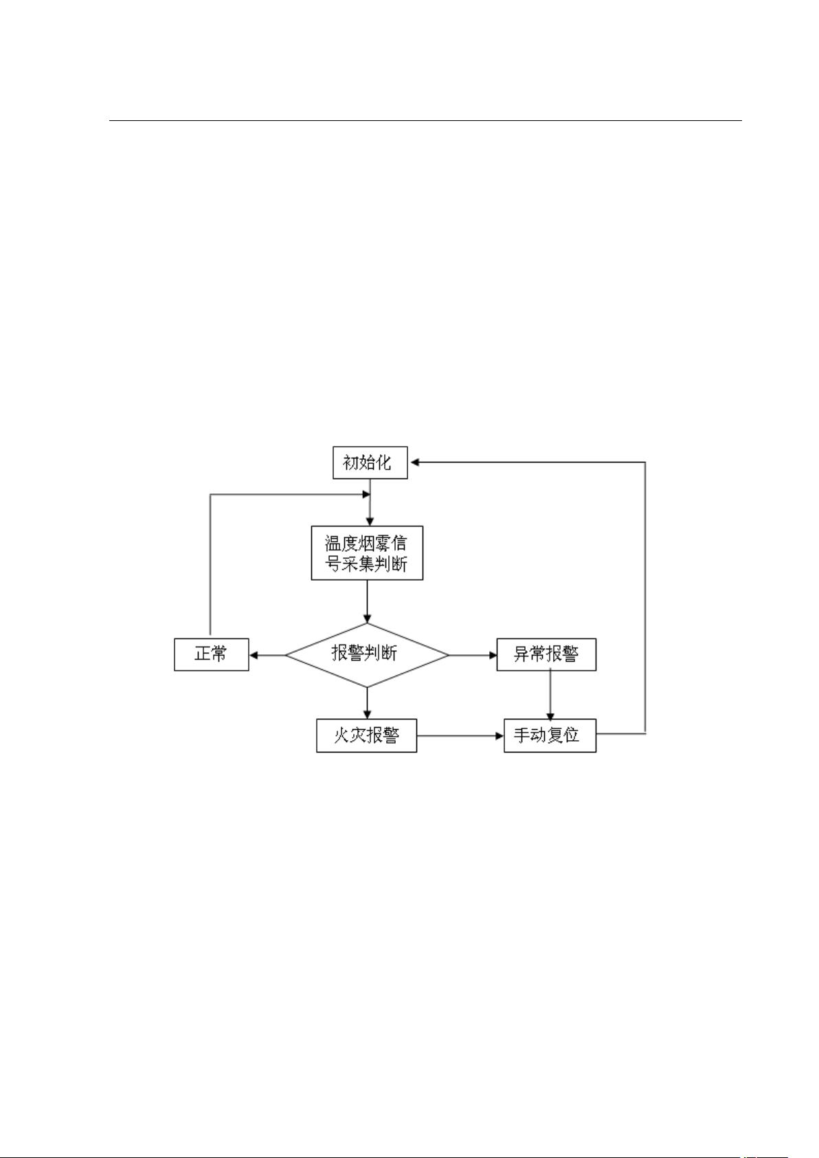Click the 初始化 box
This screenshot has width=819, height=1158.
[x=370, y=462]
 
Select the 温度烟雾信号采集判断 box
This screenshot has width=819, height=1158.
[x=367, y=553]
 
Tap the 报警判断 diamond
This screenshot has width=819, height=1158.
[x=367, y=655]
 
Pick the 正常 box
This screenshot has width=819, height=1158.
[x=212, y=654]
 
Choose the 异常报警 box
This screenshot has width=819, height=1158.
[x=546, y=654]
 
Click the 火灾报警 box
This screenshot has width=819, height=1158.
[x=366, y=735]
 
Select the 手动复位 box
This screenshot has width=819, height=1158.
[x=550, y=735]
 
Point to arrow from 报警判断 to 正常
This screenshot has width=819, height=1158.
[x=268, y=656]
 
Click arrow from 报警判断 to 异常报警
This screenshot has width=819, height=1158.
[x=473, y=656]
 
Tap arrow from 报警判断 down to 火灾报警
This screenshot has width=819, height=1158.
[x=367, y=703]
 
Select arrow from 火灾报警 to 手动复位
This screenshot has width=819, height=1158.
[x=460, y=735]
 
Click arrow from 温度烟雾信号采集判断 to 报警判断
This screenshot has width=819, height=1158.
[x=367, y=601]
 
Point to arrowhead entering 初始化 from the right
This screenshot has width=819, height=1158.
[x=414, y=462]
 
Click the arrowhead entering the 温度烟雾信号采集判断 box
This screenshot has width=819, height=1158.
[x=370, y=521]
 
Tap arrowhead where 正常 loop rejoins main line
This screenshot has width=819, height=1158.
[x=366, y=495]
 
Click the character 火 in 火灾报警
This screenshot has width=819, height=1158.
[x=341, y=735]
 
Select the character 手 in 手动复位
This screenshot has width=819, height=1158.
[x=522, y=735]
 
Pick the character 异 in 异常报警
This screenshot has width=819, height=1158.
[x=521, y=654]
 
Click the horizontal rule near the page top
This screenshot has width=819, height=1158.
[x=425, y=120]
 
